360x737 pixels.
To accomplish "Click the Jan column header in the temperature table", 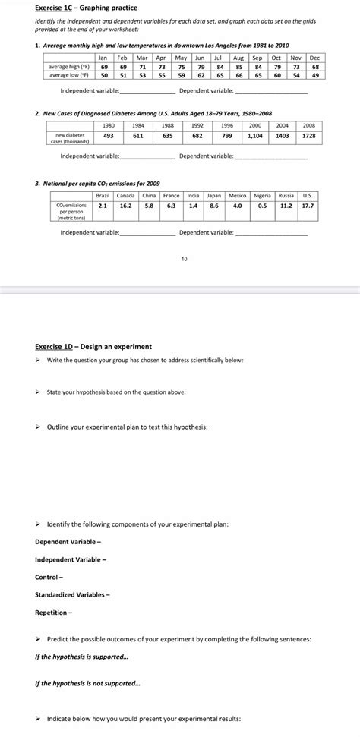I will (x=103, y=58).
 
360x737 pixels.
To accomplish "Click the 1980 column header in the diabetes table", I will (x=108, y=125).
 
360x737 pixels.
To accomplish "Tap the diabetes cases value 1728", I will (x=310, y=134).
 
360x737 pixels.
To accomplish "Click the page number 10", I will (x=184, y=259).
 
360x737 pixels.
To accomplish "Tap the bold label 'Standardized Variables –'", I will (x=71, y=594).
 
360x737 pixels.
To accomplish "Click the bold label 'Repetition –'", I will (x=55, y=612).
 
